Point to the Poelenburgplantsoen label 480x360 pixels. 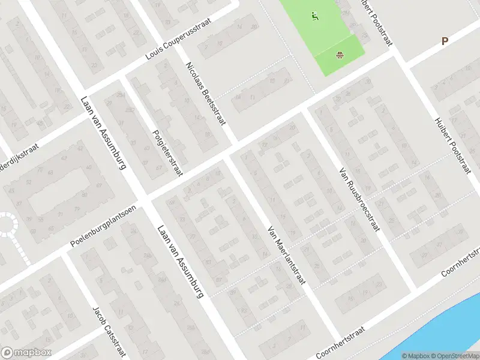(103, 227)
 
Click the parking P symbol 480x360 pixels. (445, 41)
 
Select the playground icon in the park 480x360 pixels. (314, 16)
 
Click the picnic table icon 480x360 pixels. (340, 56)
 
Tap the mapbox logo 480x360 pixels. (26, 353)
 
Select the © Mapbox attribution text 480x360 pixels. (415, 356)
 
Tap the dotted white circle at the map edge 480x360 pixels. (7, 224)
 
